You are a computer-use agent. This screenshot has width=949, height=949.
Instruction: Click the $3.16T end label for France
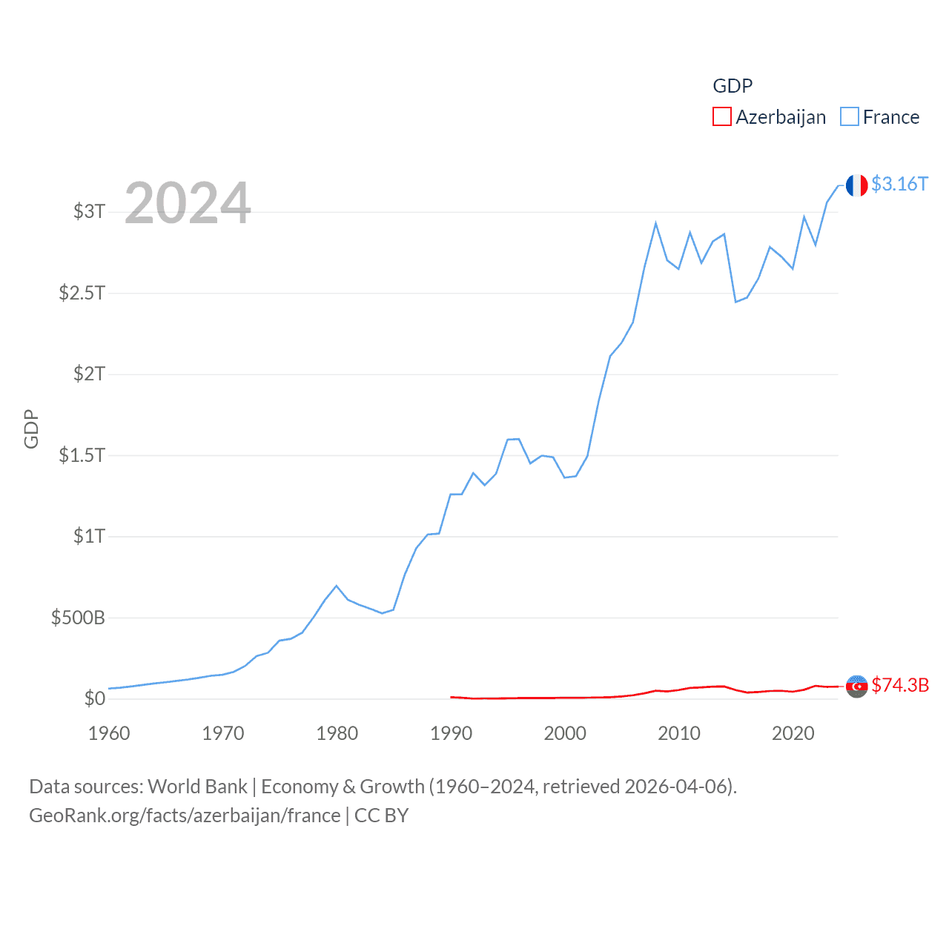point(899,184)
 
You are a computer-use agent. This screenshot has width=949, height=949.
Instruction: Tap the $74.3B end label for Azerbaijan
point(900,685)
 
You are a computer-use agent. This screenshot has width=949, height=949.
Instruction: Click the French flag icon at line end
point(856,185)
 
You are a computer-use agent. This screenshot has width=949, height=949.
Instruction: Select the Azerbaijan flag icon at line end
point(856,687)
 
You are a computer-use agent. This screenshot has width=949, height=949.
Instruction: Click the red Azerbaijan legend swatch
point(721,117)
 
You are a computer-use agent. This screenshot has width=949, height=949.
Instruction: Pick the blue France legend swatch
point(850,117)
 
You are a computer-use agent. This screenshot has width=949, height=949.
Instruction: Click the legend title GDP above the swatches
point(733,86)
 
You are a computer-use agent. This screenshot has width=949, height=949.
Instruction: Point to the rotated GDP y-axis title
point(31,429)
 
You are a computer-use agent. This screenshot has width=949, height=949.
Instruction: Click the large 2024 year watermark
point(188,203)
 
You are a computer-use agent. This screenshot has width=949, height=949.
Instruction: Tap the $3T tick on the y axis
point(89,211)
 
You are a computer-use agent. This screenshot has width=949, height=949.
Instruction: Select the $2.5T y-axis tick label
point(82,293)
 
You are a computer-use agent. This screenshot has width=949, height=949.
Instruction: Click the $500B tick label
point(78,618)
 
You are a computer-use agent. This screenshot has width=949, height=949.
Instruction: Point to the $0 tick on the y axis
point(94,698)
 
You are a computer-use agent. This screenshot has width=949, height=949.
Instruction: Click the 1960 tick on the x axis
point(109,733)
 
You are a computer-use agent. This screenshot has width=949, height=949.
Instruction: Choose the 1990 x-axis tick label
point(451,733)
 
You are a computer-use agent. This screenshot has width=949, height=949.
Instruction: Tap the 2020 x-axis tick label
point(793,733)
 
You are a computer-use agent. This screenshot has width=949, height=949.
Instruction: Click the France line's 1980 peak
point(337,586)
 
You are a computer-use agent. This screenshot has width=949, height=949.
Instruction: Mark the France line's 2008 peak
point(655,223)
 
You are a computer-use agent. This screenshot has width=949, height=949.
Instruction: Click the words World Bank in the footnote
point(197,787)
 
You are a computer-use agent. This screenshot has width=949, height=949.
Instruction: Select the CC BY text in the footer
point(381,816)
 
